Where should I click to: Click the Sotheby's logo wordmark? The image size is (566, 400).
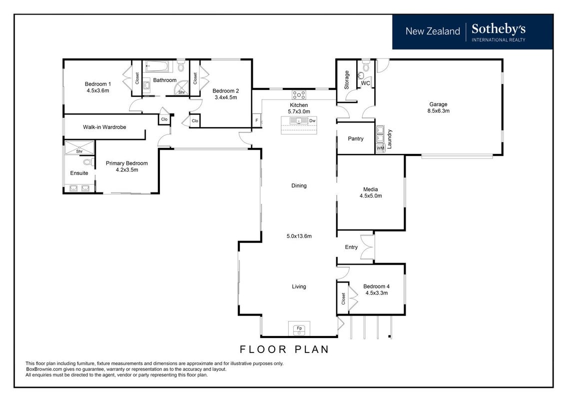(x=498, y=29)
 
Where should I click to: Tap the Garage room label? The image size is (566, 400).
(x=438, y=104)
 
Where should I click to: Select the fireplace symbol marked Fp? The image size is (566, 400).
(x=299, y=328)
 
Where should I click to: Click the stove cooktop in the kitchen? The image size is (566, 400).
(x=299, y=95)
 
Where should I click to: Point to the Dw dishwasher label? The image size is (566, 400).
(x=312, y=120)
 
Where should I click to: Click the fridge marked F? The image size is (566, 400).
(x=257, y=120)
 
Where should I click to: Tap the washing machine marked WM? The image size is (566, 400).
(x=380, y=148)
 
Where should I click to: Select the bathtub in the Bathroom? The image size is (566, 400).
(x=157, y=66)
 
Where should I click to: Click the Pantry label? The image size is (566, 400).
(x=356, y=139)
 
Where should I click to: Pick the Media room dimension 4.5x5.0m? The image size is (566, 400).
(x=371, y=196)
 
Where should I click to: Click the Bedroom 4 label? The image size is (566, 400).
(x=377, y=286)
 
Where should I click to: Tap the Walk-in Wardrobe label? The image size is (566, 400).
(x=104, y=127)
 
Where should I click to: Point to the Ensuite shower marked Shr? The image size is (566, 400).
(x=79, y=148)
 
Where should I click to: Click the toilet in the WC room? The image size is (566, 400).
(x=366, y=66)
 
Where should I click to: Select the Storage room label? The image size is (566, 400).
(x=347, y=80)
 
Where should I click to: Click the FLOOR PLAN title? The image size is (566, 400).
(x=284, y=349)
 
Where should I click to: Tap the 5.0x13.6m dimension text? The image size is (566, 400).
(x=299, y=236)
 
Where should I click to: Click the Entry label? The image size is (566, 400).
(x=351, y=247)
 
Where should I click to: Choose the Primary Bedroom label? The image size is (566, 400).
(x=127, y=163)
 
